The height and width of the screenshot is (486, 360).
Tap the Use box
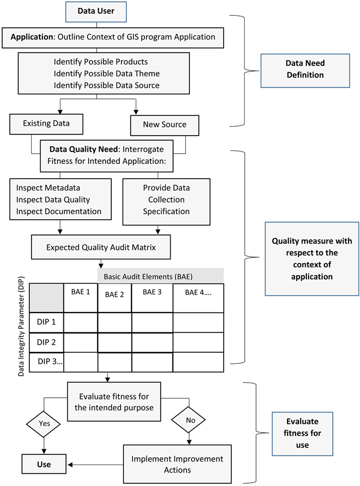pyautogui.click(x=44, y=464)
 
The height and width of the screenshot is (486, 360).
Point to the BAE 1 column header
pyautogui.click(x=80, y=293)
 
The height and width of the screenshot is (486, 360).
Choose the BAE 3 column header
pyautogui.click(x=151, y=292)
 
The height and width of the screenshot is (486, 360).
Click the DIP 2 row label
pyautogui.click(x=46, y=342)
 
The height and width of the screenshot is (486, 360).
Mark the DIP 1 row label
pyautogui.click(x=46, y=322)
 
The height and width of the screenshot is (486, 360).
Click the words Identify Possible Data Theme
pyautogui.click(x=107, y=73)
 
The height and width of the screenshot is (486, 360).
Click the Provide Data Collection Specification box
pyautogui.click(x=166, y=199)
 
